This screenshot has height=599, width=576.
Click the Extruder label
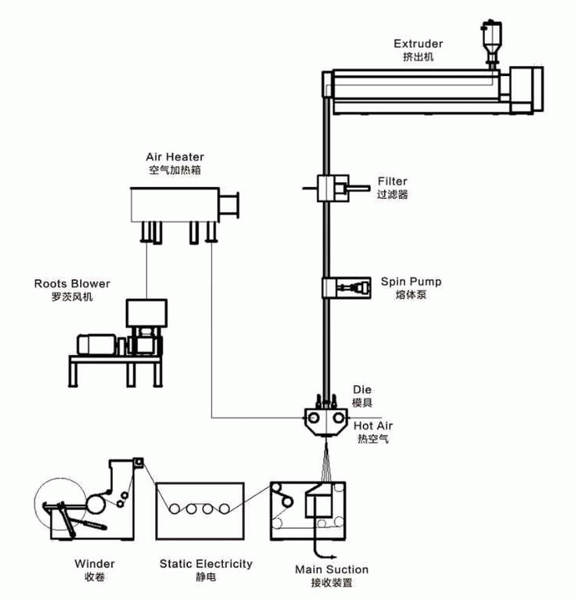click(x=417, y=43)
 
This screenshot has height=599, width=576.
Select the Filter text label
click(x=392, y=181)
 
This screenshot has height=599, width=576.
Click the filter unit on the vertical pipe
click(x=335, y=189)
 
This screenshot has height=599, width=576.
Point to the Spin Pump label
click(x=411, y=282)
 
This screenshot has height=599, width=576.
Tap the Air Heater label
click(x=174, y=156)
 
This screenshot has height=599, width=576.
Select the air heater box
click(x=177, y=204)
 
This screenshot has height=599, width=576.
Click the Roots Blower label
click(x=72, y=283)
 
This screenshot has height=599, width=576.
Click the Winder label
click(x=94, y=564)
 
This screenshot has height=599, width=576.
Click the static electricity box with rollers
click(x=200, y=508)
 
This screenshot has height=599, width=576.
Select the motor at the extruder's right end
click(x=526, y=88)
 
